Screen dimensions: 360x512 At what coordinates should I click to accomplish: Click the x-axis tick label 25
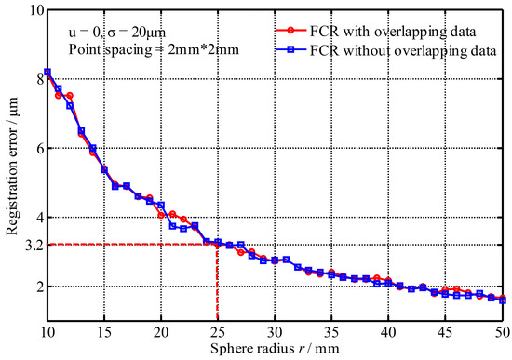click(x=217, y=332)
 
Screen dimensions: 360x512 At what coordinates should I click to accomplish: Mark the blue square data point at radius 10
click(x=47, y=72)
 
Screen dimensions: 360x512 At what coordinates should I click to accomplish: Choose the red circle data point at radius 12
click(x=70, y=96)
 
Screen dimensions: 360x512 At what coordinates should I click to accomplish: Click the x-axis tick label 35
click(x=331, y=332)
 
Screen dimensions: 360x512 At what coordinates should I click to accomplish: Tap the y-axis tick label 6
click(x=37, y=148)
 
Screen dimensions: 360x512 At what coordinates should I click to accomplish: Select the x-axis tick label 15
click(x=103, y=332)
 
